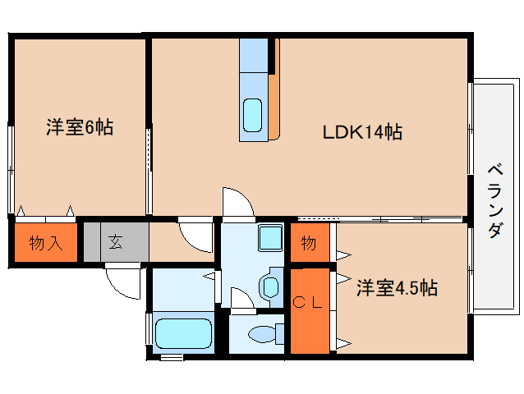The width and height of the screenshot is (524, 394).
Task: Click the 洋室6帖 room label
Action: [x=79, y=127]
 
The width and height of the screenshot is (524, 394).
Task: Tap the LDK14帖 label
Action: [x=361, y=131]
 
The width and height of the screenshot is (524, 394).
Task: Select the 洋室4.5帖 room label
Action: [x=396, y=288]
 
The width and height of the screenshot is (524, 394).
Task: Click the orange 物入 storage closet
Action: [x=45, y=243]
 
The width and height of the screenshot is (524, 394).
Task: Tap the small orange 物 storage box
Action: [x=309, y=243]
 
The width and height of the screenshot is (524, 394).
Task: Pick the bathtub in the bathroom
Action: [x=184, y=334]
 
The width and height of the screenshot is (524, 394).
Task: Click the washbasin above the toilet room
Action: [x=269, y=286]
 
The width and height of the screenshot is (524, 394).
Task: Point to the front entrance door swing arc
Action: [x=123, y=283]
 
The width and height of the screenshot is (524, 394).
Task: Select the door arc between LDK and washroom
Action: [x=234, y=202]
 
